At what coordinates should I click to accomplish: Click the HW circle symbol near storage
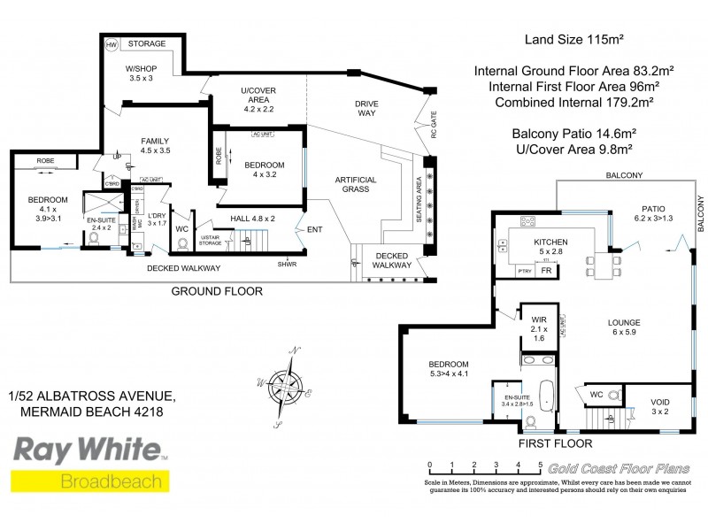tap(112, 43)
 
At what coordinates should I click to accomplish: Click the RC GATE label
tap(434, 129)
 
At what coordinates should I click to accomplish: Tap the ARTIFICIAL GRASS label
tap(356, 186)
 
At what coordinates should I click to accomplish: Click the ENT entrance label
tap(315, 231)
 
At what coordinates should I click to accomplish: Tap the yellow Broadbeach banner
tap(88, 481)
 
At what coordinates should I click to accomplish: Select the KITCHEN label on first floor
tap(550, 242)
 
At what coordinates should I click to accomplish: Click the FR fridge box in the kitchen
tap(546, 271)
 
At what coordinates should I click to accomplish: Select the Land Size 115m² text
tap(564, 39)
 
